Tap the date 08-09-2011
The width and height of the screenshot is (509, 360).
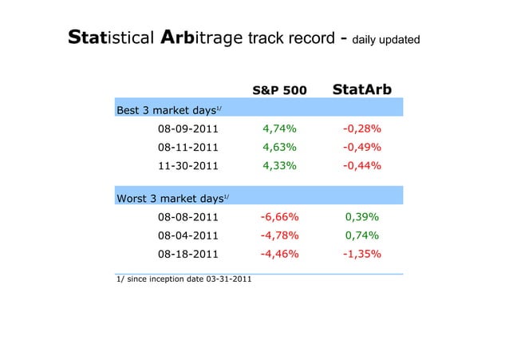187,129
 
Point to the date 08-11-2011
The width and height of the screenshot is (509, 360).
187,147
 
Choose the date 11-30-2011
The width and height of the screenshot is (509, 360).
187,166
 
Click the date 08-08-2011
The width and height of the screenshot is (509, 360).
187,216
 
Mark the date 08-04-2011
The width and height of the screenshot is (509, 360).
187,235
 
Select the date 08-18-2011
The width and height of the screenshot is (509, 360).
187,255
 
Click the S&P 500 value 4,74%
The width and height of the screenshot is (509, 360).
280,129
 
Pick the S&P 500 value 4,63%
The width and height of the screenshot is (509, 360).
280,147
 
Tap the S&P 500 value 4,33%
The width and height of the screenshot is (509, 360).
280,166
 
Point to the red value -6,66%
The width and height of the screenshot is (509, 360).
279,216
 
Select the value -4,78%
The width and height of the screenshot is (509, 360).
279,235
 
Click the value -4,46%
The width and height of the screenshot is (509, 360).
279,255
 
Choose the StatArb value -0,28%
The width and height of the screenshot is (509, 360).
361,129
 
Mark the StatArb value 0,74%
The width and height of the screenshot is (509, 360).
361,235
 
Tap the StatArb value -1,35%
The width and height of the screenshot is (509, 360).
361,255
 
